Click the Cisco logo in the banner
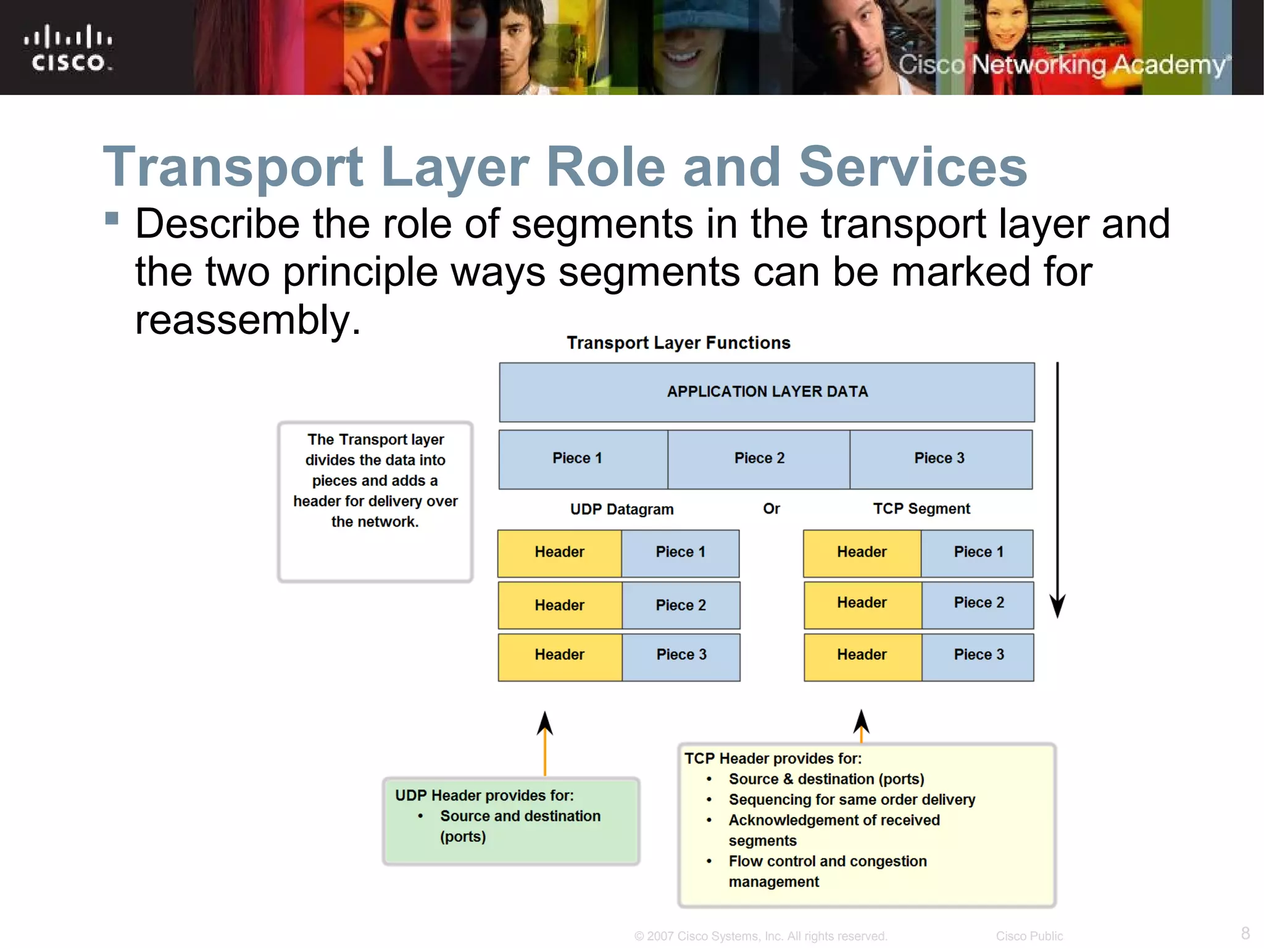click(68, 48)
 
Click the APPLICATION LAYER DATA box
click(767, 392)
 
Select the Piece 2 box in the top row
click(759, 459)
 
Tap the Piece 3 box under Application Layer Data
click(939, 459)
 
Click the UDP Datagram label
click(622, 509)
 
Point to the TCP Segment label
click(921, 509)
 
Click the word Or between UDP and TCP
click(771, 509)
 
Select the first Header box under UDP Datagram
click(559, 552)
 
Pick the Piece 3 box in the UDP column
click(681, 655)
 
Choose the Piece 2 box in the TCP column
click(978, 603)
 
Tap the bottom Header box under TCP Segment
click(862, 655)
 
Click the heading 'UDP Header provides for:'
click(484, 796)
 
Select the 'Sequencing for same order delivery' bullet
click(852, 800)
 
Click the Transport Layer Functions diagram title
click(678, 343)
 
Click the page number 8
click(1245, 933)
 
